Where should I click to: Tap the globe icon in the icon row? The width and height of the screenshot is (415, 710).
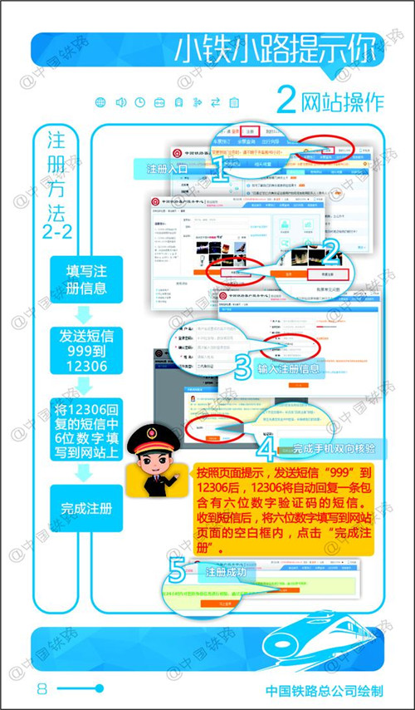pos(100,102)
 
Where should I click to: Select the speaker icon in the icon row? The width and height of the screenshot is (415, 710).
pos(120,102)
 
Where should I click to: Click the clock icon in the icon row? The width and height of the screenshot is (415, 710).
pos(139,102)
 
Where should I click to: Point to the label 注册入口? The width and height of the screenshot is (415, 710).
pos(166,169)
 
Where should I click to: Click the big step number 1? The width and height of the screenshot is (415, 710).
pos(219,171)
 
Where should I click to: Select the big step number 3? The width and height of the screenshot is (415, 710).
pos(242,367)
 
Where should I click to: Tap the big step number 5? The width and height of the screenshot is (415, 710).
pos(176,572)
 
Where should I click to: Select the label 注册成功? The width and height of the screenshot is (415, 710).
pos(224,573)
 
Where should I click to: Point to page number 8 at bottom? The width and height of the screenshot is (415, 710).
pos(41,688)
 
